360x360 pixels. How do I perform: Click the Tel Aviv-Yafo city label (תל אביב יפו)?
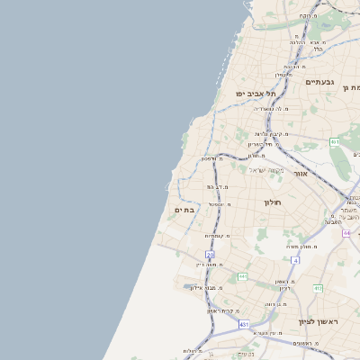click(x=256, y=93)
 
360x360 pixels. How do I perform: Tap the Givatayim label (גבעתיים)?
click(x=319, y=82)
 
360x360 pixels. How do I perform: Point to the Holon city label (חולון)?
click(x=273, y=202)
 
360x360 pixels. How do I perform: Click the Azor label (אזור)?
click(x=301, y=173)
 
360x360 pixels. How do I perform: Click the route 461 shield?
click(x=335, y=141)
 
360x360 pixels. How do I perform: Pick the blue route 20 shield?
click(x=211, y=255)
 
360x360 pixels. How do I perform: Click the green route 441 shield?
click(x=242, y=276)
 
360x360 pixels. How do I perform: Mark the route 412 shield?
click(x=318, y=288)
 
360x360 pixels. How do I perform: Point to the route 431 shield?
click(x=244, y=324)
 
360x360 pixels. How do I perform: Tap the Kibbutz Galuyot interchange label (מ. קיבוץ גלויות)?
click(x=267, y=135)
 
